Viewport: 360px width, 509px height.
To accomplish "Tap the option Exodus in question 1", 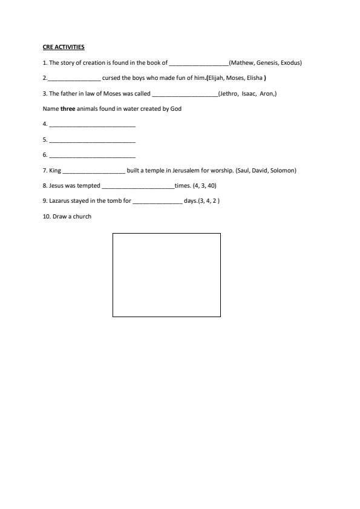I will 290,63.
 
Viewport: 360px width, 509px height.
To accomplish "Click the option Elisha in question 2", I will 254,78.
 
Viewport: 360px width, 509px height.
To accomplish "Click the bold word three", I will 67,109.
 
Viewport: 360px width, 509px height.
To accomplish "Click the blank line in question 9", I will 157,202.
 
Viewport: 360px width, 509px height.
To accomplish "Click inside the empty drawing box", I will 166,275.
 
